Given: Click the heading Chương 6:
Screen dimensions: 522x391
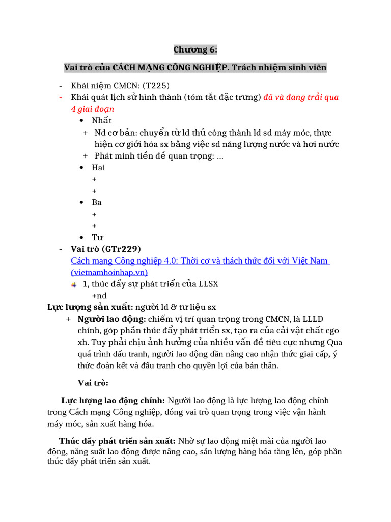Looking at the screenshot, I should [195, 49].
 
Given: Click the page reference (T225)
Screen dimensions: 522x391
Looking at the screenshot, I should [156, 85].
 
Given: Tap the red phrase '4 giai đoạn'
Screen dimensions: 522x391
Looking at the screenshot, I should [92, 109].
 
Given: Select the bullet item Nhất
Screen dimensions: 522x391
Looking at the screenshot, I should [101, 121].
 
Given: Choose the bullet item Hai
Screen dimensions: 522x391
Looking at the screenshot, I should [98, 168].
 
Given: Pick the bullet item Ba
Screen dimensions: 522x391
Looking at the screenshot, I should [97, 202].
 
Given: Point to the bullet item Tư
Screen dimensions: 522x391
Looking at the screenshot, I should [97, 238].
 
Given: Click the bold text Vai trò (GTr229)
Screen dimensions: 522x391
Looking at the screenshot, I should [106, 249].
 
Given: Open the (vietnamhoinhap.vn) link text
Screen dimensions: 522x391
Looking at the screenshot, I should [109, 272].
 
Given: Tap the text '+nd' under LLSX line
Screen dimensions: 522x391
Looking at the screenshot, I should [99, 296].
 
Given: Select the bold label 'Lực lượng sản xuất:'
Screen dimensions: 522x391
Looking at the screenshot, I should [91, 307].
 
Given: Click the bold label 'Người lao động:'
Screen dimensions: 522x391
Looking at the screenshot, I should [111, 320].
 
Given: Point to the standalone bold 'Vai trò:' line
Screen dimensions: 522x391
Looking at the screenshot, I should [93, 383].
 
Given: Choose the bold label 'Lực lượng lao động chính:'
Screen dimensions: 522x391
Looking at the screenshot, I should [113, 401].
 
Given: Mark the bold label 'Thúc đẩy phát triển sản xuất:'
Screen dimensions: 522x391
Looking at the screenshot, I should [118, 441].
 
